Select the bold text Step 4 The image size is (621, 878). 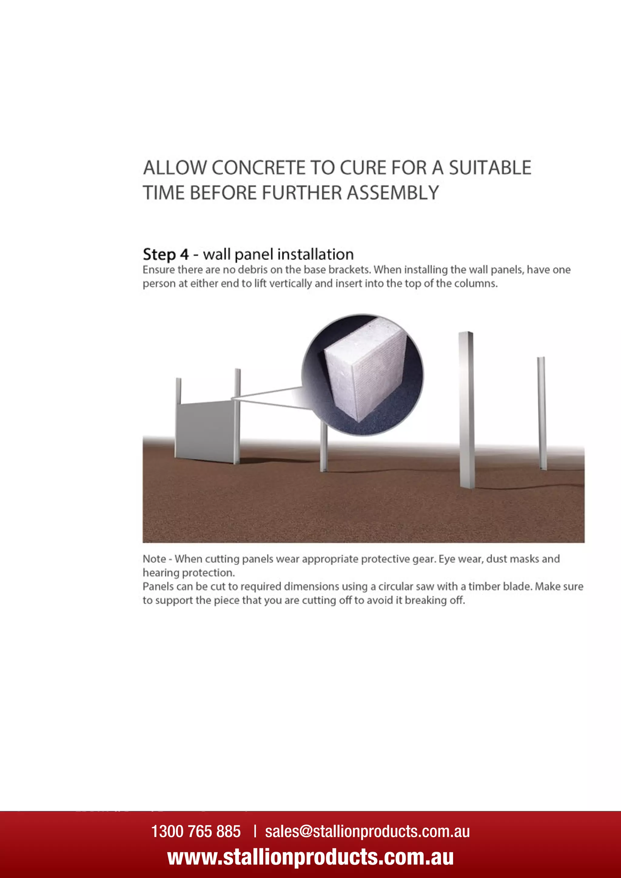(x=166, y=254)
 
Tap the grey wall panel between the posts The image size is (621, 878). (x=205, y=430)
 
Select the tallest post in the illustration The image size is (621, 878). (x=467, y=409)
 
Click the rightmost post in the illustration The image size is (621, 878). (x=542, y=413)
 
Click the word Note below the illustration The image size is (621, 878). (x=154, y=559)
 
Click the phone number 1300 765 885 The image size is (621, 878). (x=196, y=831)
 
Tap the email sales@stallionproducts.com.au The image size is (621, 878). (x=367, y=831)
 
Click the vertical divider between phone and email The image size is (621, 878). (x=255, y=831)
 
